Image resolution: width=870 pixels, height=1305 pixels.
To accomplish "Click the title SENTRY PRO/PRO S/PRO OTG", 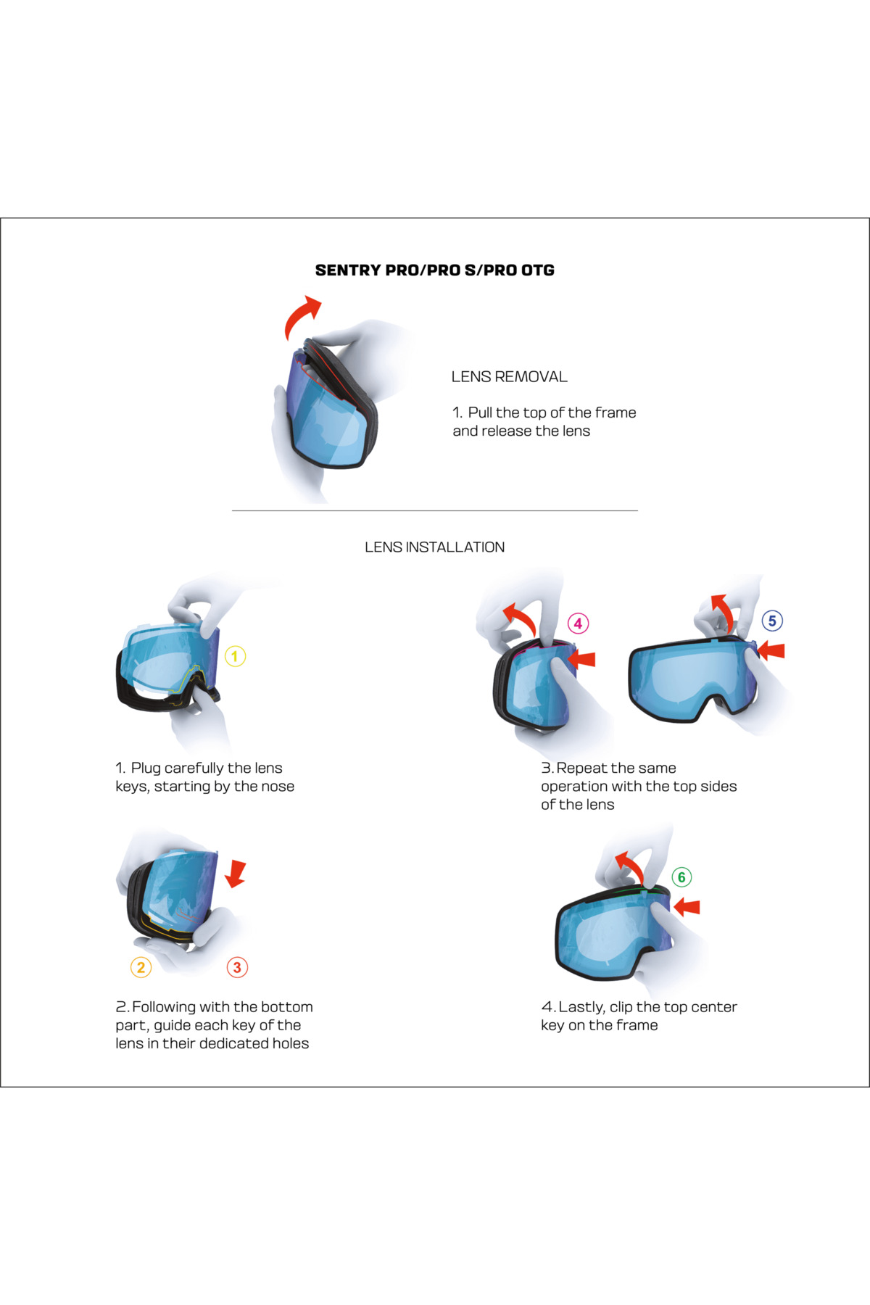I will (x=434, y=270).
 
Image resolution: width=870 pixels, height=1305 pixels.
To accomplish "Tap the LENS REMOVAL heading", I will (x=509, y=377).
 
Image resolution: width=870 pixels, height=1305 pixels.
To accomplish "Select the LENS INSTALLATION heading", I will (x=434, y=547).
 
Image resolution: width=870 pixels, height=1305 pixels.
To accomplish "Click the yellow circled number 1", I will (x=235, y=656).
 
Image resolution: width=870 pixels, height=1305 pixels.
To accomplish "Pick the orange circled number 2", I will (x=141, y=967).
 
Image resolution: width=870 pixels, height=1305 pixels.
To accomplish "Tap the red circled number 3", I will (x=237, y=967).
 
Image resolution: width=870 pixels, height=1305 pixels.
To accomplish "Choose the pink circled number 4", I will (x=578, y=623).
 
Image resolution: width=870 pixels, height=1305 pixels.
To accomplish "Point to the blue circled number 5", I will (x=772, y=621).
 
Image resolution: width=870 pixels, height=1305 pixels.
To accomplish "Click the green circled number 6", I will (x=681, y=877).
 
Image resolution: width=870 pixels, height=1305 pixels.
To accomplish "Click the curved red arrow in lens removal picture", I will (x=302, y=316).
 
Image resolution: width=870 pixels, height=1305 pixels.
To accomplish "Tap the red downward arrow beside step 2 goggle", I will (x=236, y=874).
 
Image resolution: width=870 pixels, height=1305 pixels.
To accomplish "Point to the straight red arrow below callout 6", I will (x=687, y=906).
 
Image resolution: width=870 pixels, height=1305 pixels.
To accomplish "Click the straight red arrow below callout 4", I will (x=582, y=658).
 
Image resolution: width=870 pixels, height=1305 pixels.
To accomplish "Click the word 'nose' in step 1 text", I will (x=277, y=787).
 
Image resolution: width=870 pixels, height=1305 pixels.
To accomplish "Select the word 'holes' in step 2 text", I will (x=290, y=1043).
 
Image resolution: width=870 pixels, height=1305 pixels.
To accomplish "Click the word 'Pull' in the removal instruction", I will (x=480, y=413).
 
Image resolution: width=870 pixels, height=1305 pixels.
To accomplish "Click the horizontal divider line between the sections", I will (x=434, y=511).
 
